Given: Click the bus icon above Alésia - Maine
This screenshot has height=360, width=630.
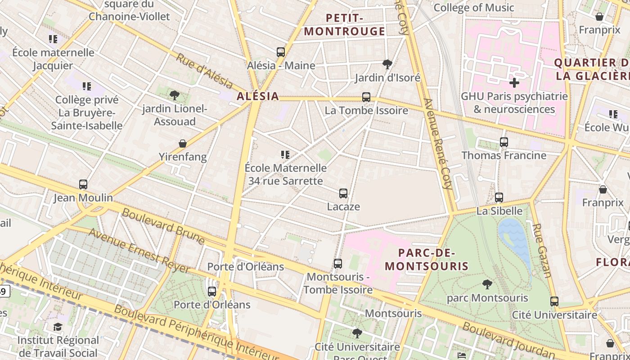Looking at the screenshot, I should pyautogui.click(x=281, y=52).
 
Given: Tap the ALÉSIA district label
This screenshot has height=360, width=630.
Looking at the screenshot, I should pyautogui.click(x=258, y=96).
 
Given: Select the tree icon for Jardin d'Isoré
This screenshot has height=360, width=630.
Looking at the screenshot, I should pyautogui.click(x=387, y=64).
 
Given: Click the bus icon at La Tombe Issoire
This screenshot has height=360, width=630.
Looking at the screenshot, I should pyautogui.click(x=366, y=97).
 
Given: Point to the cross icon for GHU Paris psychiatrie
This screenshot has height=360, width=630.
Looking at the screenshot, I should pyautogui.click(x=514, y=83).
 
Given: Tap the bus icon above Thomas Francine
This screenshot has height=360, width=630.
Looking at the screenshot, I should pyautogui.click(x=504, y=142).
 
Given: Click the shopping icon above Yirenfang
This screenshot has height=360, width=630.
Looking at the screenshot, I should pyautogui.click(x=183, y=144).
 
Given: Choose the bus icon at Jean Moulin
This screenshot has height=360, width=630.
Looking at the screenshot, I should pyautogui.click(x=83, y=184).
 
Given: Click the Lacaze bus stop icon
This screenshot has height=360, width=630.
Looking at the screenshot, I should pyautogui.click(x=343, y=193).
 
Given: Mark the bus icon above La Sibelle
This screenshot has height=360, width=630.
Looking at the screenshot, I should pyautogui.click(x=499, y=198).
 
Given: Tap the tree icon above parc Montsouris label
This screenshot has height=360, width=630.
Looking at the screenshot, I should pyautogui.click(x=487, y=284).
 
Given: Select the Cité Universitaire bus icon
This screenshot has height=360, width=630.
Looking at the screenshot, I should pyautogui.click(x=554, y=301).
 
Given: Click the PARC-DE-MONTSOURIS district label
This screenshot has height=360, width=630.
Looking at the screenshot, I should pyautogui.click(x=427, y=260).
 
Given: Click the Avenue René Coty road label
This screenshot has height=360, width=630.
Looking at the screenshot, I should pyautogui.click(x=437, y=149).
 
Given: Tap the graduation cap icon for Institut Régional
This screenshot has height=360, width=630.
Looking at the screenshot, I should pyautogui.click(x=58, y=327).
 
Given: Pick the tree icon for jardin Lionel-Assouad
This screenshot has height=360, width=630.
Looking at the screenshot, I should pyautogui.click(x=175, y=95).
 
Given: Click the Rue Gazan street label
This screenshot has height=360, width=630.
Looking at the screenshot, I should pyautogui.click(x=542, y=250).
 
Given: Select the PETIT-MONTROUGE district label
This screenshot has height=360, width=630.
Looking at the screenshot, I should pyautogui.click(x=345, y=25).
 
